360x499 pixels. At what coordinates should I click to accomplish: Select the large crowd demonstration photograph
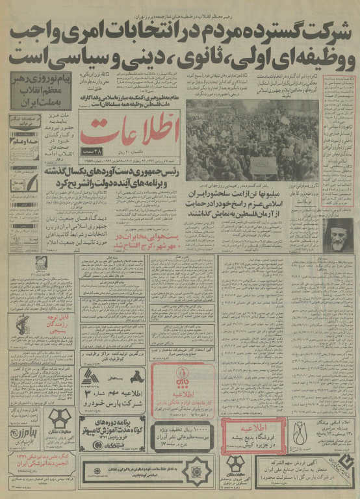point(251,140)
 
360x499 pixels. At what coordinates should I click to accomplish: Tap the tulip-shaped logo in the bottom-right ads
point(299,433)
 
